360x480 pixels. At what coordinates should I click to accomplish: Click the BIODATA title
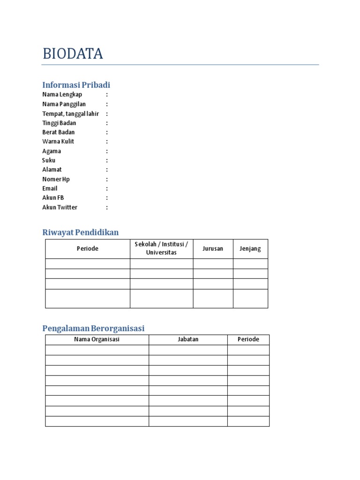(x=73, y=54)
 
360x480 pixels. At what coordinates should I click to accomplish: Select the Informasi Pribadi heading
(x=76, y=85)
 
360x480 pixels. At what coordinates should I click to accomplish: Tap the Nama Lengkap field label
(x=62, y=95)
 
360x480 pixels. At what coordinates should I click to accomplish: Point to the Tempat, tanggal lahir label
(x=70, y=113)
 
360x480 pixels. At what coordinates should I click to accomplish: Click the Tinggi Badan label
(x=59, y=123)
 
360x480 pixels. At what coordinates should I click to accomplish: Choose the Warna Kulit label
(x=58, y=142)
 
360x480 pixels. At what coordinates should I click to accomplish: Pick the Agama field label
(x=52, y=151)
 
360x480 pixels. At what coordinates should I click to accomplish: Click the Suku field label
(x=49, y=160)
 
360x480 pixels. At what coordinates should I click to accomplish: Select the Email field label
(x=50, y=188)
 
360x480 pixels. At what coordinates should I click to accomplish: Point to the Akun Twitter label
(x=60, y=207)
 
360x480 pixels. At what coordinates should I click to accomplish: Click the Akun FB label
(x=53, y=198)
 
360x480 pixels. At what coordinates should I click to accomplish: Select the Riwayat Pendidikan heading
(x=80, y=232)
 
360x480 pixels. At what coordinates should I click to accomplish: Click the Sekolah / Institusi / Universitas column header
(x=161, y=248)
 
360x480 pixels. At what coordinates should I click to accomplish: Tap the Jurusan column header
(x=213, y=248)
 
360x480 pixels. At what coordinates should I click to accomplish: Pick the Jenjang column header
(x=250, y=248)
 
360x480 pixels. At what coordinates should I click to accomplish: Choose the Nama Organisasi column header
(x=97, y=339)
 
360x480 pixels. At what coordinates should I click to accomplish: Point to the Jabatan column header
(x=188, y=339)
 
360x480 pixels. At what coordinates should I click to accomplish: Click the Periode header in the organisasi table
(x=248, y=339)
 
